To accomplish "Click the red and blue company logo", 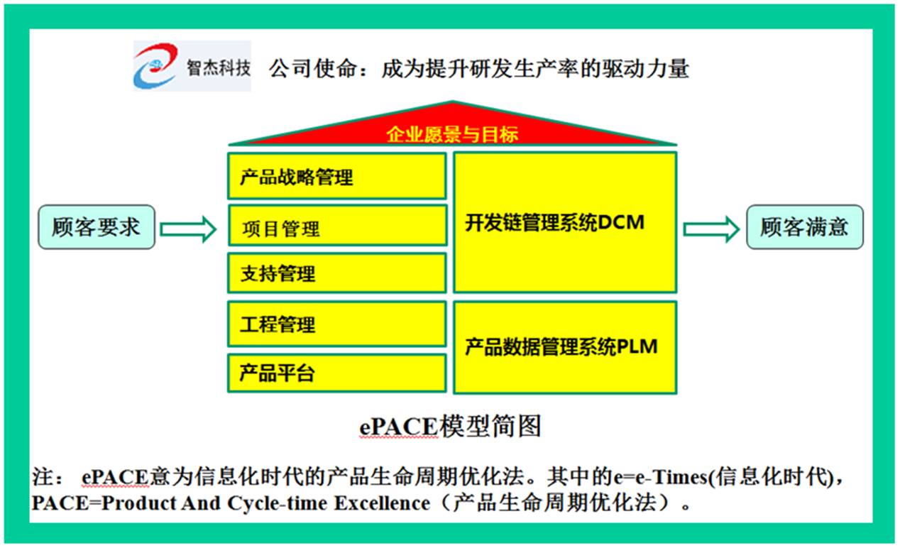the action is tap(155, 65).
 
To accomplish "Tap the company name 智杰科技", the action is tap(219, 67).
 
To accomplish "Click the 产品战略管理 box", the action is tap(337, 176).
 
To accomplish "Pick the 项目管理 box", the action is tap(338, 226).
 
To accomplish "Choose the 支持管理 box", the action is tap(337, 273).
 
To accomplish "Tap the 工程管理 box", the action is tap(337, 324).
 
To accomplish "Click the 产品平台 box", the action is tap(337, 373).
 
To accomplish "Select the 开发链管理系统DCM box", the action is tap(565, 222).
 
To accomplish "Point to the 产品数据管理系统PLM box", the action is tap(565, 347).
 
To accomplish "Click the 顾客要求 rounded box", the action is tap(97, 227).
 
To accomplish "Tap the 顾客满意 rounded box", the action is tap(805, 227).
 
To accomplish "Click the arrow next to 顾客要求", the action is tap(188, 229).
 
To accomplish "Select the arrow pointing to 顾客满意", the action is tap(711, 229).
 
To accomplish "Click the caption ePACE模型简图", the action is tap(451, 426).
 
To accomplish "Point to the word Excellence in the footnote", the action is tap(382, 503).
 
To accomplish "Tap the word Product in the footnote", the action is tap(138, 503).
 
